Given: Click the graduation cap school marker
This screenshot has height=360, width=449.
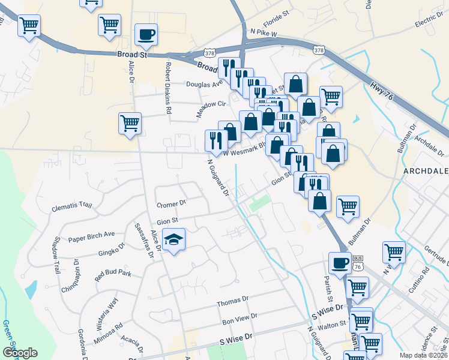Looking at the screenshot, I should pyautogui.click(x=173, y=240).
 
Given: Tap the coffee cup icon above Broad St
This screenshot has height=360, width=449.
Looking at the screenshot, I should pyautogui.click(x=146, y=34).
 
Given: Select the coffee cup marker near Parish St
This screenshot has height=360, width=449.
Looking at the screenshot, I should pyautogui.click(x=340, y=263).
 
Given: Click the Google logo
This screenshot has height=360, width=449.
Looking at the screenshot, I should pyautogui.click(x=20, y=353).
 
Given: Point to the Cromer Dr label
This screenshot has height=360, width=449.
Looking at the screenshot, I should pyautogui.click(x=172, y=204).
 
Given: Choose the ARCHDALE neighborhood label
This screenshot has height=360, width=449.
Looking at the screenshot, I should pyautogui.click(x=426, y=171).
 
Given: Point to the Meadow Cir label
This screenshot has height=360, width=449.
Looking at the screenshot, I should pyautogui.click(x=210, y=108).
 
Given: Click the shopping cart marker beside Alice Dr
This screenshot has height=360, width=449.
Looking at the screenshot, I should pyautogui.click(x=130, y=123).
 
